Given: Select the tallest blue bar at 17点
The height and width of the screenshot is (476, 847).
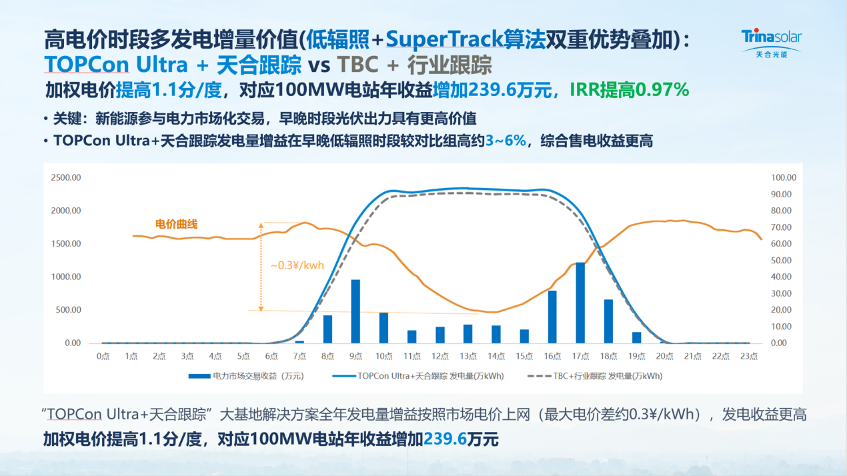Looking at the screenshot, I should (580, 303).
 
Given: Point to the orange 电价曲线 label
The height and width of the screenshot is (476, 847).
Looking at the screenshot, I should (176, 224).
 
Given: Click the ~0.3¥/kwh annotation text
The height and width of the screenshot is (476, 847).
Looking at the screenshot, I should (297, 265).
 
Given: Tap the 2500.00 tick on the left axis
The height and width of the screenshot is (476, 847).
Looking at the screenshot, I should (66, 178).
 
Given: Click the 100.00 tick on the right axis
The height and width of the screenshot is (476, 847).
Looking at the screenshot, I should (784, 178).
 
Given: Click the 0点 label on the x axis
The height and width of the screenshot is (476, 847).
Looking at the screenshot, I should (103, 357).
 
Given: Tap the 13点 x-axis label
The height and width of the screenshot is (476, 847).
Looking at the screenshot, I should (468, 357).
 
